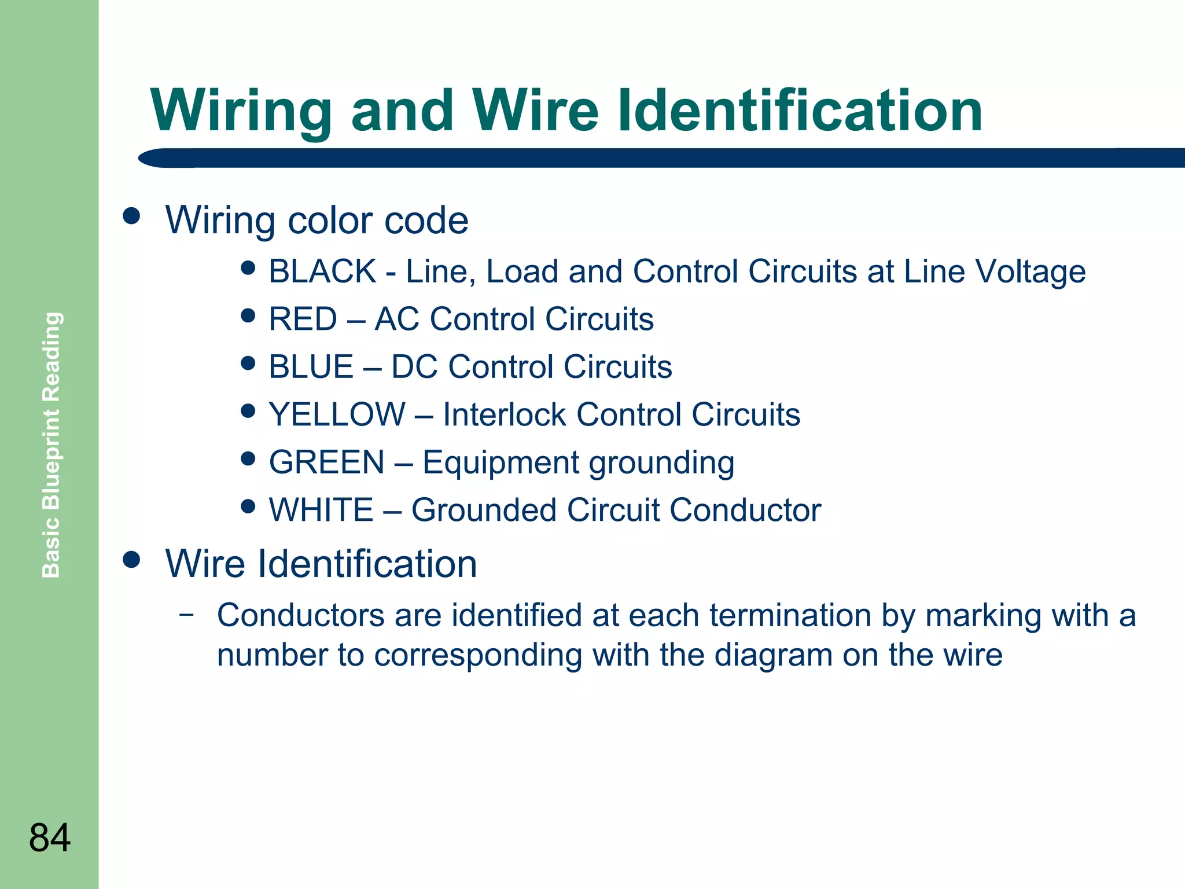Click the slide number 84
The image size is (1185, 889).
tap(50, 837)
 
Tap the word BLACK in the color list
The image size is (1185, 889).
tap(323, 271)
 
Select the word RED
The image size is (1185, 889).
tap(303, 319)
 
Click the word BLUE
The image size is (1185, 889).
tap(311, 367)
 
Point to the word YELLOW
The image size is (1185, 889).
tap(337, 414)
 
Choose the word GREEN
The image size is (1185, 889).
tap(327, 462)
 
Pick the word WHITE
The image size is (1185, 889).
tap(321, 510)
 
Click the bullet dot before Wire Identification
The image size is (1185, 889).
tap(132, 559)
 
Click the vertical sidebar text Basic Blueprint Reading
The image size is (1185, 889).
tap(51, 444)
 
